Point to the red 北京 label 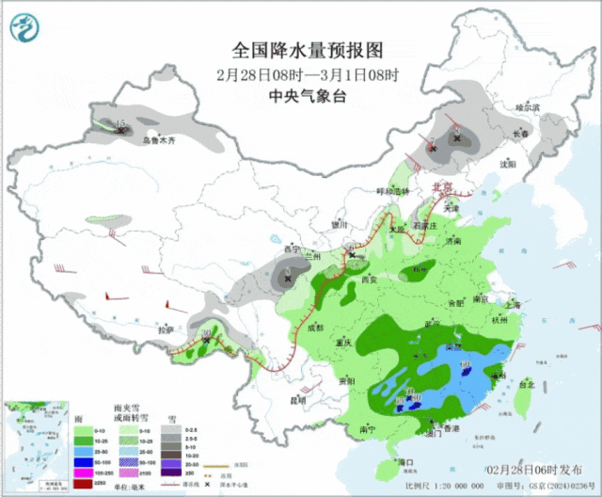(x=441, y=187)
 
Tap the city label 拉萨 (x=166, y=330)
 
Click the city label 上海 (x=513, y=305)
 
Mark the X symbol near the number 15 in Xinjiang (x=120, y=132)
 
